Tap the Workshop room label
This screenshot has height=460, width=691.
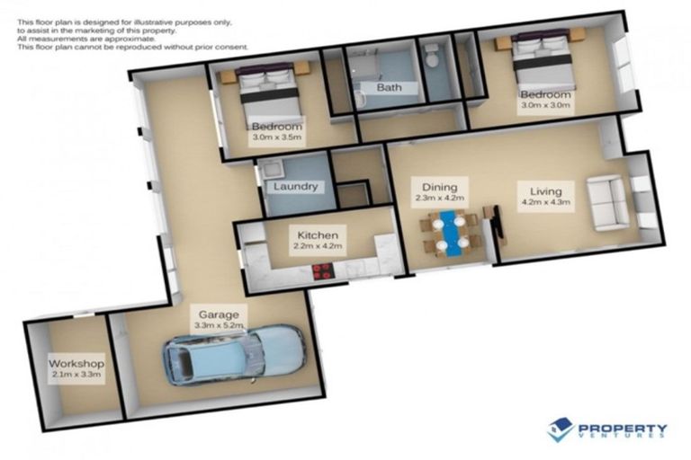pos(76,364)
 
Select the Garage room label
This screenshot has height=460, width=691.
pos(219,314)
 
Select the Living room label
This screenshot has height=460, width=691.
pos(539,190)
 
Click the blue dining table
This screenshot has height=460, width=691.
pos(447,233)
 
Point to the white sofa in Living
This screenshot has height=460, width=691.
pos(606,202)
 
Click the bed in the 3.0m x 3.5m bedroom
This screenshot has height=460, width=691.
pos(267,91)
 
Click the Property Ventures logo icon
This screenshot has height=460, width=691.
pos(560,429)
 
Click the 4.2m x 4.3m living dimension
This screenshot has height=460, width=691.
pos(539,202)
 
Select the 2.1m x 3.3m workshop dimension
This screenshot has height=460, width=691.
pos(76,376)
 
